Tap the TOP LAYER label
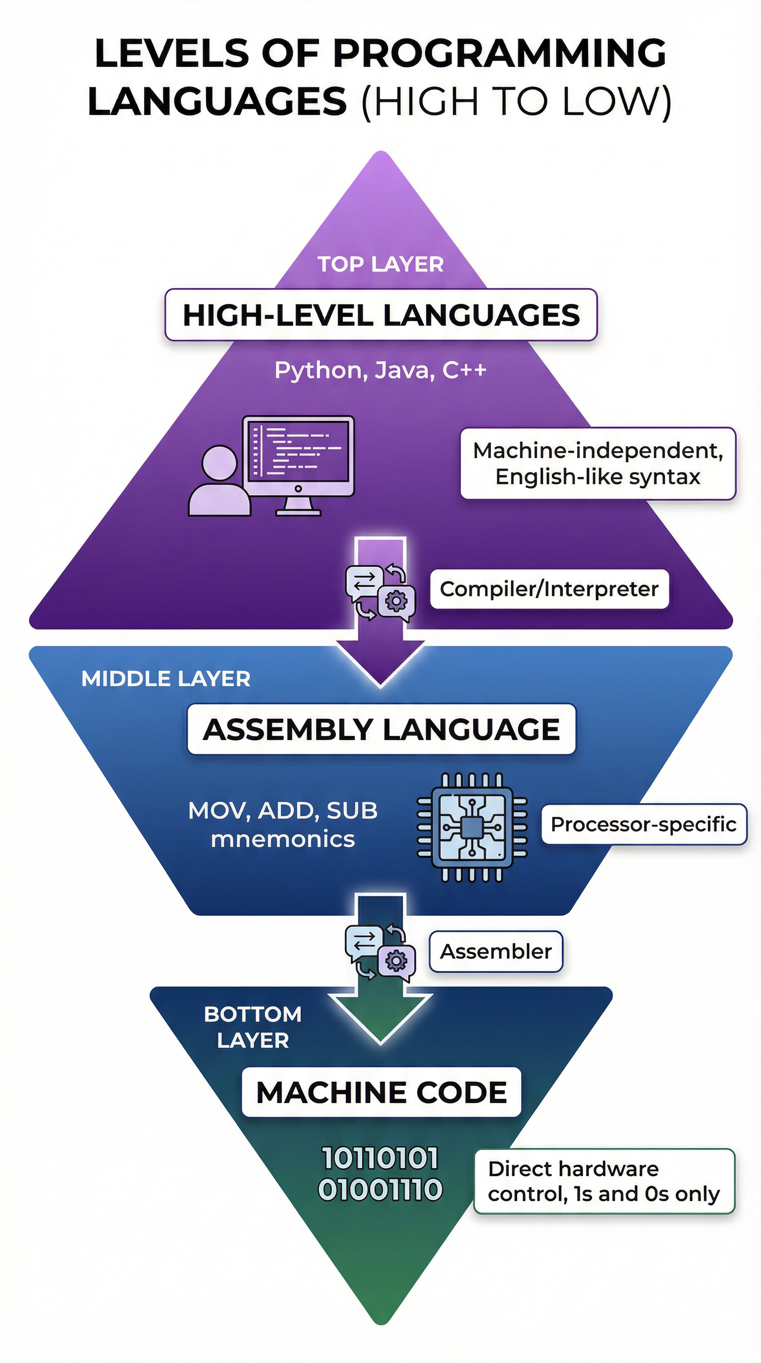pos(380,264)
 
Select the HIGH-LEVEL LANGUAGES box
pos(380,315)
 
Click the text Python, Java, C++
pos(380,370)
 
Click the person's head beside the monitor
pos(219,463)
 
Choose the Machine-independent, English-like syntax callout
pos(598,464)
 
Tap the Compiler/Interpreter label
pos(549,589)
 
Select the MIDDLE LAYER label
pos(165,679)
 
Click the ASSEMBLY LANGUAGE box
pos(381,729)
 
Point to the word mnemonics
pos(282,839)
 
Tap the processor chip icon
pos(472,827)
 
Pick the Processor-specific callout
pos(643,824)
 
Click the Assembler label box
pos(495,951)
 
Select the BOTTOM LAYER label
pos(253,1027)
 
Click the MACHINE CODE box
pos(381,1092)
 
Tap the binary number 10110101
pos(380,1158)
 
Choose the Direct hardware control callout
pos(603,1181)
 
